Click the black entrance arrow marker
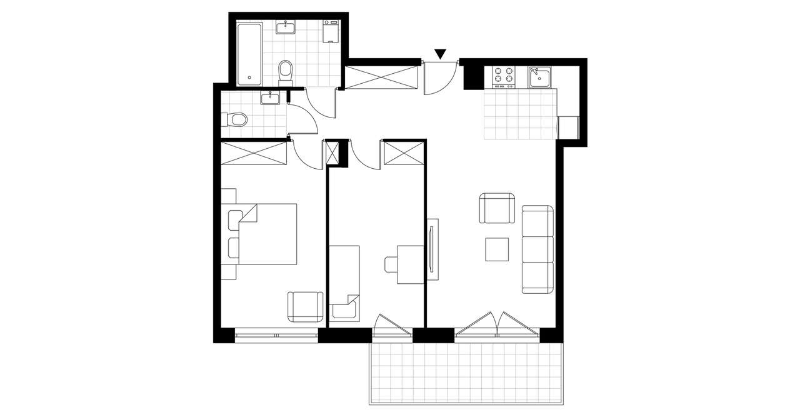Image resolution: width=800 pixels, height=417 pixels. [x=441, y=54]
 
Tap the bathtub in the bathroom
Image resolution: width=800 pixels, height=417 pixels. [x=249, y=53]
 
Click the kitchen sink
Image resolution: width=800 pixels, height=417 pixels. [x=538, y=77]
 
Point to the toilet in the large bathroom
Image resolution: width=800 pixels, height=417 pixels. [x=286, y=71]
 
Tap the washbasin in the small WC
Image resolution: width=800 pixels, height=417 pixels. [x=271, y=98]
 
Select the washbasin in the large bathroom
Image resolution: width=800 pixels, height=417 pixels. [x=287, y=28]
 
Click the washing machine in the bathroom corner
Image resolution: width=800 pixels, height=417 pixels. [x=330, y=31]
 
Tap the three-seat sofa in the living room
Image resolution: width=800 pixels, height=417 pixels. [x=538, y=249]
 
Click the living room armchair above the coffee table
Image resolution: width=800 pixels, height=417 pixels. [x=497, y=209]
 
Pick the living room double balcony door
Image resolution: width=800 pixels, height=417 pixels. [x=497, y=325]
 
